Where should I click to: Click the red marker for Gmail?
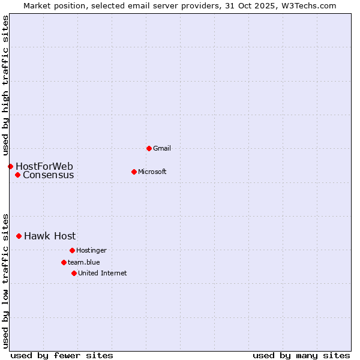pos(149,148)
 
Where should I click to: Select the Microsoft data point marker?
pos(134,172)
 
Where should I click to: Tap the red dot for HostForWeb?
pos(10,166)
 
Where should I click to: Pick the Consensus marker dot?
pos(18,175)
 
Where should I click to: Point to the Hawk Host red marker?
pos(19,236)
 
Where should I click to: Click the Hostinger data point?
pos(72,250)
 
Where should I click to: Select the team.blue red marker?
pos(64,262)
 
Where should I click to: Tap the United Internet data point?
pos(74,273)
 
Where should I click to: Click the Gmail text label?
pos(162,148)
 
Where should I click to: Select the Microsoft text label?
pos(152,172)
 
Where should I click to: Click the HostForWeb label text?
pos(44,166)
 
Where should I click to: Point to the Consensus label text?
pos(49,175)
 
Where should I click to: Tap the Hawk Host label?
pos(50,236)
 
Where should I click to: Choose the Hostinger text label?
pos(91,250)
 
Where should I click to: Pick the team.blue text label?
pos(84,262)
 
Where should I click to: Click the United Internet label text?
pos(103,273)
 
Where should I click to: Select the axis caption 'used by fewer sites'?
pos(62,355)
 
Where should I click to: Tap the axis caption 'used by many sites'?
pos(301,355)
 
